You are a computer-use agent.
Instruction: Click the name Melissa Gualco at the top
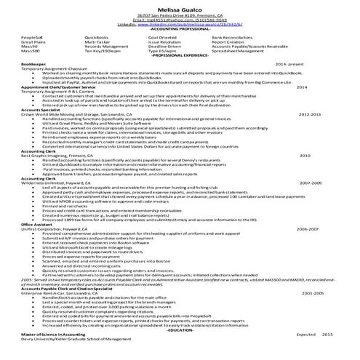pyautogui.click(x=180, y=7)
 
